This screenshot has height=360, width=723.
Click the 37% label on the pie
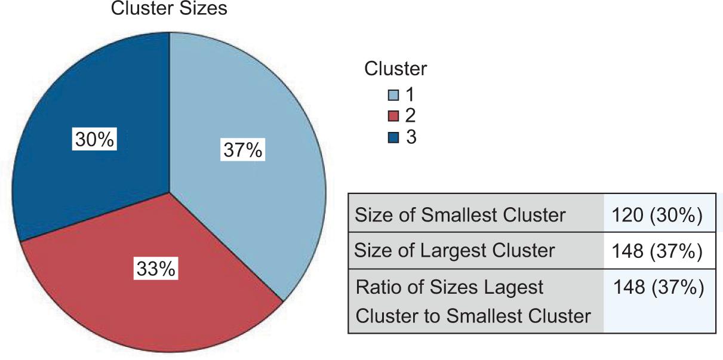(x=242, y=149)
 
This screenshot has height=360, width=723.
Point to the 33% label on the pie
(x=155, y=269)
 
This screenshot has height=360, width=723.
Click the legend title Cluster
(x=396, y=69)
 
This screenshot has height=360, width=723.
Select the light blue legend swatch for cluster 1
(x=393, y=96)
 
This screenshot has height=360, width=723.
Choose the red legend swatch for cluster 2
(x=393, y=116)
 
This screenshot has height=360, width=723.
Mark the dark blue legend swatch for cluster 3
(x=393, y=138)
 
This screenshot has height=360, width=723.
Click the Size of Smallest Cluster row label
(x=460, y=215)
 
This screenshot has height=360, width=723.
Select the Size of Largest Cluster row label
(x=454, y=250)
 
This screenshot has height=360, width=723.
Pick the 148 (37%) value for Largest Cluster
(x=656, y=251)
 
